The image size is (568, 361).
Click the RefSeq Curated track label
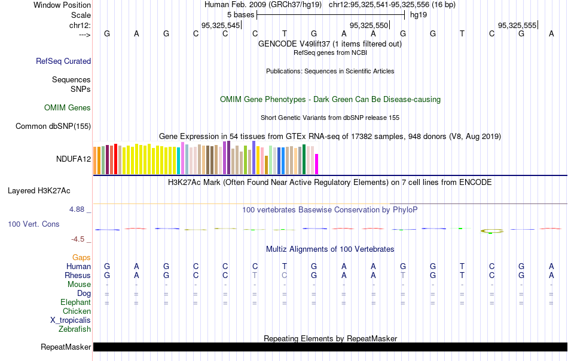point(63,61)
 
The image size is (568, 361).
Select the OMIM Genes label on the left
point(68,108)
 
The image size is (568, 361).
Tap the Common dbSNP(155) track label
point(53,126)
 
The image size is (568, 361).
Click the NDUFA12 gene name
point(74,159)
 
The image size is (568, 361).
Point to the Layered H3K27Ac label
point(39,191)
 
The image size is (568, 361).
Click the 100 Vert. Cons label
point(33,224)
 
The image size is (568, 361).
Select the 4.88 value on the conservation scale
point(77,209)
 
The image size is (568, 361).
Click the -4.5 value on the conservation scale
point(78,239)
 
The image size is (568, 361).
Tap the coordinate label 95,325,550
point(369,25)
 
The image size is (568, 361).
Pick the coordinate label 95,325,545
point(221,25)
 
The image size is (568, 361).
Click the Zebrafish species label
point(75,329)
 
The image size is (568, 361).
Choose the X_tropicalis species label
point(71,320)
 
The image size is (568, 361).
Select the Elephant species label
point(75,303)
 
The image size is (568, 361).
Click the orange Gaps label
point(81,257)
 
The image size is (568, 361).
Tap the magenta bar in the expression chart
point(317,164)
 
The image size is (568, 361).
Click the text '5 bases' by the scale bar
point(241,14)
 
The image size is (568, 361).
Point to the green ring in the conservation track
point(492,230)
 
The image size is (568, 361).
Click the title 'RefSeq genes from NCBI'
point(330,53)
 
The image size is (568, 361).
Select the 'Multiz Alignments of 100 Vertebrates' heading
point(330,249)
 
